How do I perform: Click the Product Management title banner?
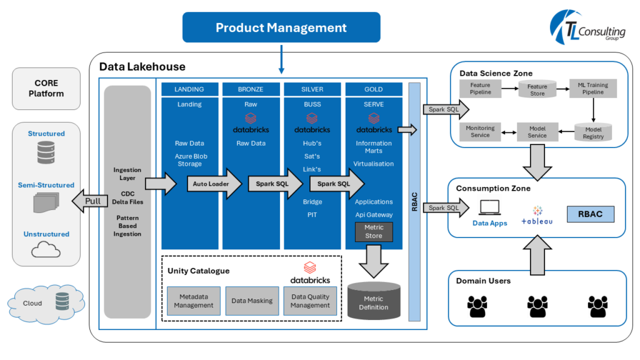281,28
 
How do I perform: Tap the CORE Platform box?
46,88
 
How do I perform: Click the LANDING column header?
189,89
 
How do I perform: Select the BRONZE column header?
251,89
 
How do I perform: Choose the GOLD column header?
374,89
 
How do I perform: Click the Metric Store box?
374,231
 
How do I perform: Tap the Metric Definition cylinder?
374,301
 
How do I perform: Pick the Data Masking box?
252,301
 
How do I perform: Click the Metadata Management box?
193,301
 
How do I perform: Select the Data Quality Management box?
310,301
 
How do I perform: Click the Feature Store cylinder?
537,89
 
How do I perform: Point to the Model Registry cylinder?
593,132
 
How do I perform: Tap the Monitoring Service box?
480,132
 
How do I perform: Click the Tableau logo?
537,216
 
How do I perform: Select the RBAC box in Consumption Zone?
591,214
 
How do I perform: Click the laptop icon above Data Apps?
489,207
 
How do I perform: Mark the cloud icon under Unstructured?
46,250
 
